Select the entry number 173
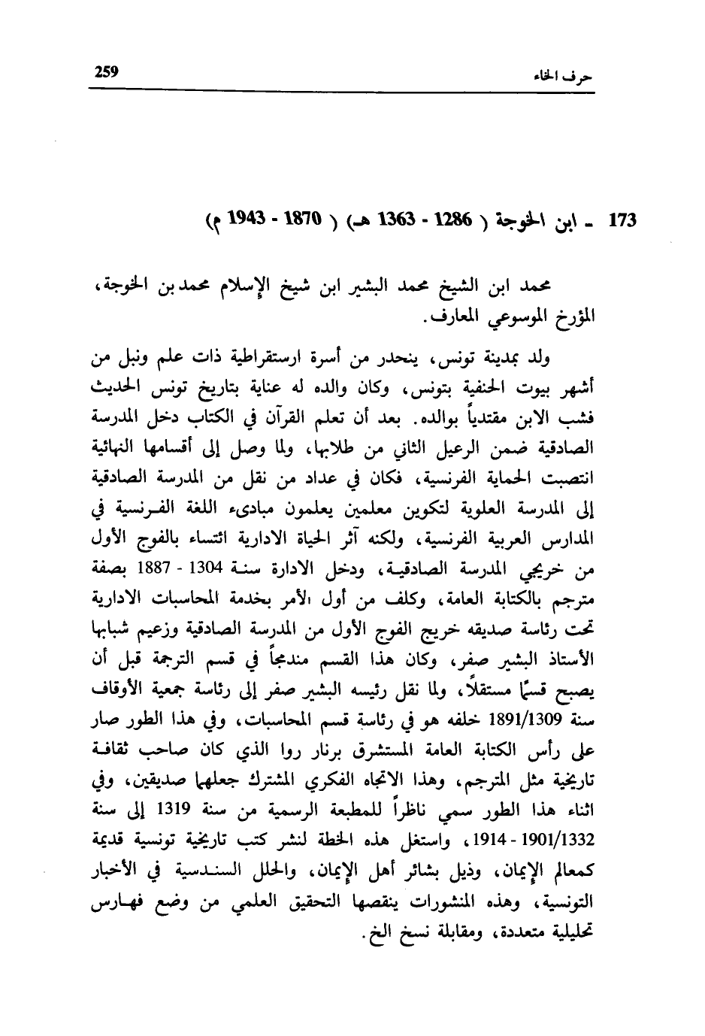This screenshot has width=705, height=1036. [622, 223]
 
